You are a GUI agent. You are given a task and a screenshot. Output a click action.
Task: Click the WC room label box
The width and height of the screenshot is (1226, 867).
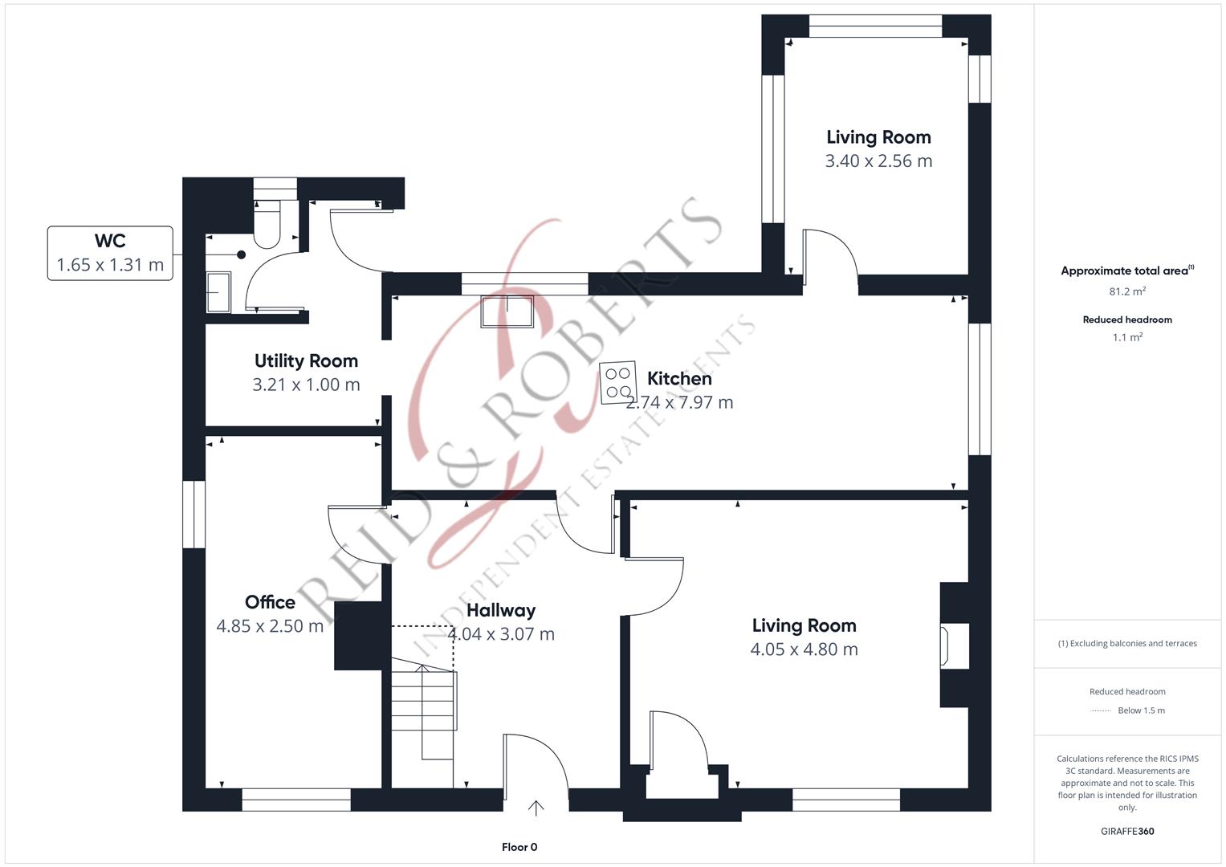point(110,253)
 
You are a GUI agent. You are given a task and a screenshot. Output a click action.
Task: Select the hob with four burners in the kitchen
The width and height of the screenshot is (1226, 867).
point(618,383)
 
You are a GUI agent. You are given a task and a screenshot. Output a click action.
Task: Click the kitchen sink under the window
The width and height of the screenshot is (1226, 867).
point(507,311)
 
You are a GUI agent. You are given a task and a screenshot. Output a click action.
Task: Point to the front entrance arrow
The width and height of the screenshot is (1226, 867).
point(536,808)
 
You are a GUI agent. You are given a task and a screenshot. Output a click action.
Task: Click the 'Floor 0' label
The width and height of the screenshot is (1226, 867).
point(519,847)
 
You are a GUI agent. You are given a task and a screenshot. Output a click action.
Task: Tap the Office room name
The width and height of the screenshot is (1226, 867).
point(270,602)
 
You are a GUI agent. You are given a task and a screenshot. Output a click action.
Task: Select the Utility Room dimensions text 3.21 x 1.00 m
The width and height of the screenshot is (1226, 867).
point(306,385)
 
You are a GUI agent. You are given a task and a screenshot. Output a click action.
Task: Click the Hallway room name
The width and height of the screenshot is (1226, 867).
point(501,610)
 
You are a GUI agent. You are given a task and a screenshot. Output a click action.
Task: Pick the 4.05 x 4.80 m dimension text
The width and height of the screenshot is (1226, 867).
point(804,649)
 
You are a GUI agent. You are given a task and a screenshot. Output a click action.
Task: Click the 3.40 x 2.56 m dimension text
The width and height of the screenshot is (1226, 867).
point(878,161)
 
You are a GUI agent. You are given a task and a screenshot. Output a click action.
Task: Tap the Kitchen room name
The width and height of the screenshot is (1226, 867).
point(679,378)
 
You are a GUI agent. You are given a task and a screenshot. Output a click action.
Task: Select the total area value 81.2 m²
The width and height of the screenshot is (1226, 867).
point(1127,291)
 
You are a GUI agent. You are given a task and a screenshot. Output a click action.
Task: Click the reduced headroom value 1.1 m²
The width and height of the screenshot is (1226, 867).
point(1127,337)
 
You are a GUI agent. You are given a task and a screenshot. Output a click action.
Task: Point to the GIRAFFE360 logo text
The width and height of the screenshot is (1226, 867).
point(1127,831)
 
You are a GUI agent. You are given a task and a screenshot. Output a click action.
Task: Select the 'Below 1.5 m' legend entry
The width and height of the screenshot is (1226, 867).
point(1141,710)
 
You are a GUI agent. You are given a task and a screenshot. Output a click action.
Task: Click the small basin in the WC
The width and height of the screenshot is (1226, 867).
point(218,292)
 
